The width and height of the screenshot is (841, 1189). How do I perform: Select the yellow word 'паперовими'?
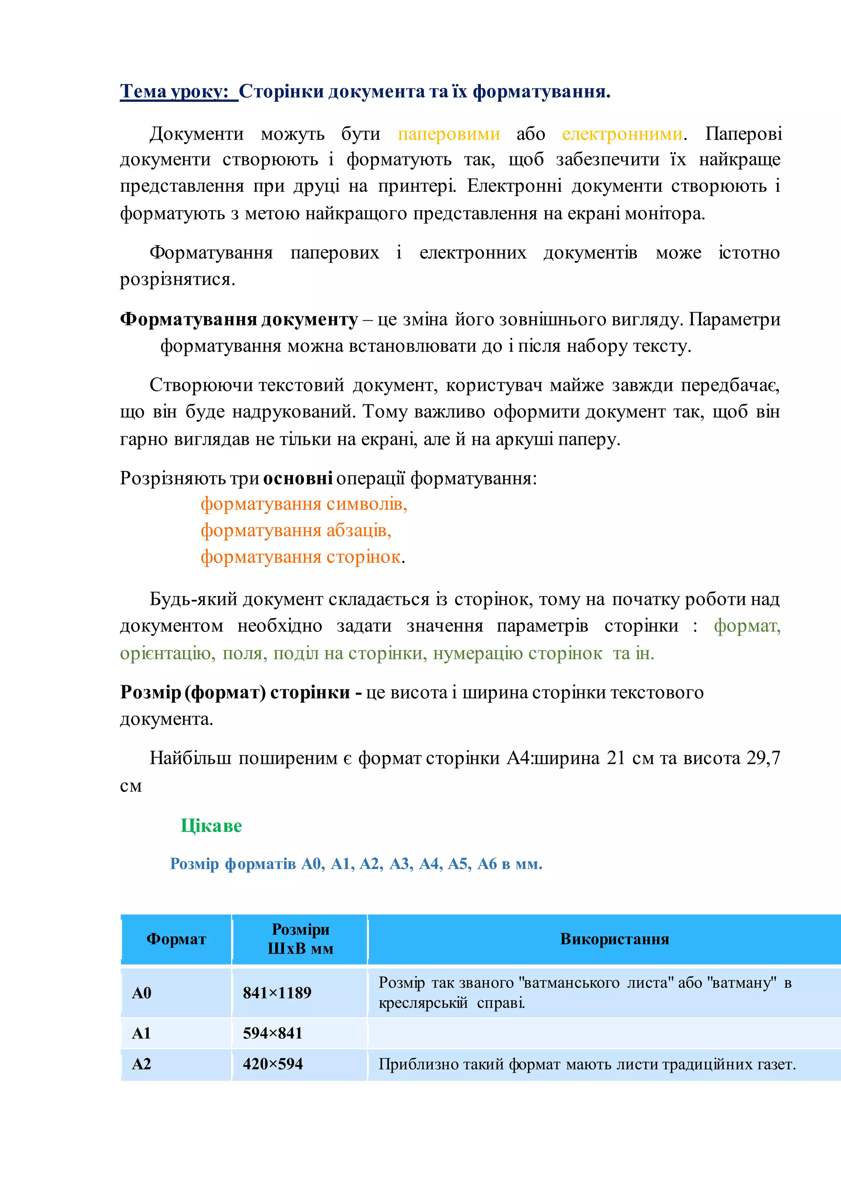(448, 134)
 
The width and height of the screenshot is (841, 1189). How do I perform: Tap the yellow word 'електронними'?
(622, 134)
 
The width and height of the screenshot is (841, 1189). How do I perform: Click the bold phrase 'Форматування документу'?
(239, 319)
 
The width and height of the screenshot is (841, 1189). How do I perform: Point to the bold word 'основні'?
(298, 478)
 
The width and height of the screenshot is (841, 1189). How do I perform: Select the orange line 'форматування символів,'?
(304, 504)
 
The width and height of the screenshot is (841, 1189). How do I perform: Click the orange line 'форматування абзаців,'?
(296, 530)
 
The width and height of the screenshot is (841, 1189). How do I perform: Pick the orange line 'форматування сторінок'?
(300, 557)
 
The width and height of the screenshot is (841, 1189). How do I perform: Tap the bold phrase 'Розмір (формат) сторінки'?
(235, 692)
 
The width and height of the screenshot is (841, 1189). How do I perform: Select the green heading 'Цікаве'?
(211, 826)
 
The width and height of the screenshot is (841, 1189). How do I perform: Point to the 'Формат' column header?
(176, 939)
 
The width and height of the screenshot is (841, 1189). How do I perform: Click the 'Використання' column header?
(614, 939)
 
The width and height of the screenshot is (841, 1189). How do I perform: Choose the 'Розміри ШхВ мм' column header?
(300, 939)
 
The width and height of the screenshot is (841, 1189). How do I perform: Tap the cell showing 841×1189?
(277, 993)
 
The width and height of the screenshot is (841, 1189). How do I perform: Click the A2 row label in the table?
(141, 1064)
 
